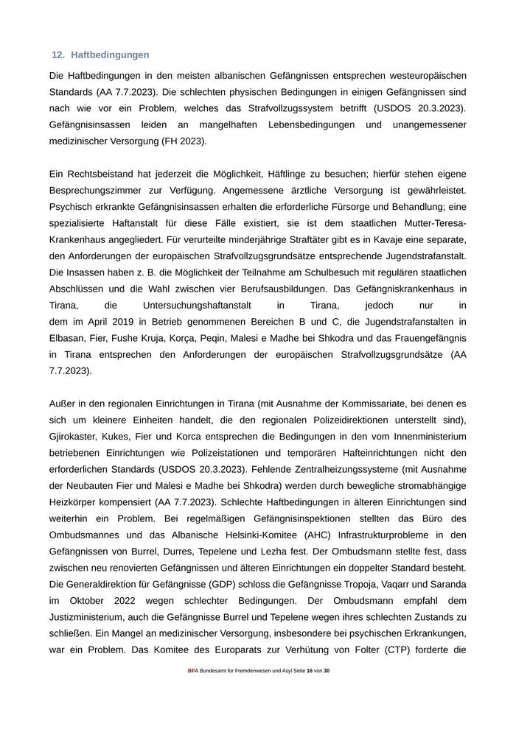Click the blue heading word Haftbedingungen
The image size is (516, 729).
pyautogui.click(x=110, y=55)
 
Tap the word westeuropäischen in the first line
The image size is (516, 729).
pyautogui.click(x=425, y=76)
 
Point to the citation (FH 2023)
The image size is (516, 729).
pyautogui.click(x=181, y=141)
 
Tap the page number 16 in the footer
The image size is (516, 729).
pyautogui.click(x=310, y=671)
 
